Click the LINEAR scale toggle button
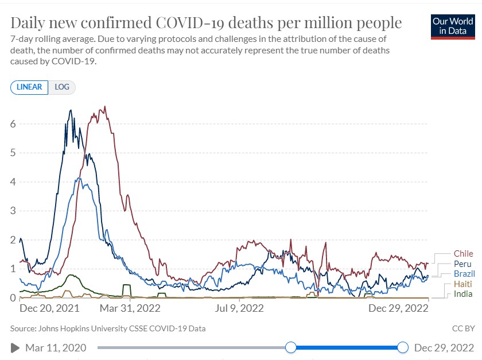click(x=30, y=87)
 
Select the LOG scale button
click(x=62, y=87)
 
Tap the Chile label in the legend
click(x=463, y=253)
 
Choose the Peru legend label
click(x=462, y=264)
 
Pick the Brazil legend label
click(x=464, y=274)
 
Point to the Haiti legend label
click(x=462, y=284)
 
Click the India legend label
click(x=462, y=295)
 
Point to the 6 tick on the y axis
click(x=13, y=124)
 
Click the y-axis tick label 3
click(x=13, y=211)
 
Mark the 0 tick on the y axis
click(x=13, y=297)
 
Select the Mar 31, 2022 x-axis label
click(x=130, y=308)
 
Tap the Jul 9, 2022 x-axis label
click(x=239, y=308)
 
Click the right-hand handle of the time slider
click(x=403, y=347)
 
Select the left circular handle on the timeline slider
click(x=291, y=347)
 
